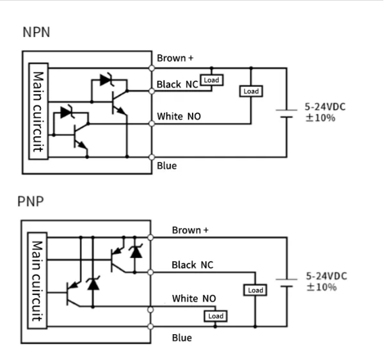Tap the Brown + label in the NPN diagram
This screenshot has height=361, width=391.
point(175,58)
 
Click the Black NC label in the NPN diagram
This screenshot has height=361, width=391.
point(177,84)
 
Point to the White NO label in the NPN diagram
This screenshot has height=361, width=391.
point(180,117)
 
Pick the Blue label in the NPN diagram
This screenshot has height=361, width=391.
point(167,166)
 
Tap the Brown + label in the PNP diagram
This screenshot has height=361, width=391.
point(189,230)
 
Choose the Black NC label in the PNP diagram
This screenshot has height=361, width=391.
point(193,264)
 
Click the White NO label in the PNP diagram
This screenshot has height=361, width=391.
point(194,298)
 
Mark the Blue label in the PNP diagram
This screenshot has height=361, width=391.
point(182,337)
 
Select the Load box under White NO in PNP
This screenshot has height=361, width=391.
point(216,316)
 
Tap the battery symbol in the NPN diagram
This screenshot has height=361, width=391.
point(286,113)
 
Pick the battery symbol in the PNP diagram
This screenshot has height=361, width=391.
point(286,282)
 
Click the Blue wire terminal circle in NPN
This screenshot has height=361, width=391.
point(152,157)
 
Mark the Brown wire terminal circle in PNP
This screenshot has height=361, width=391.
point(152,237)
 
